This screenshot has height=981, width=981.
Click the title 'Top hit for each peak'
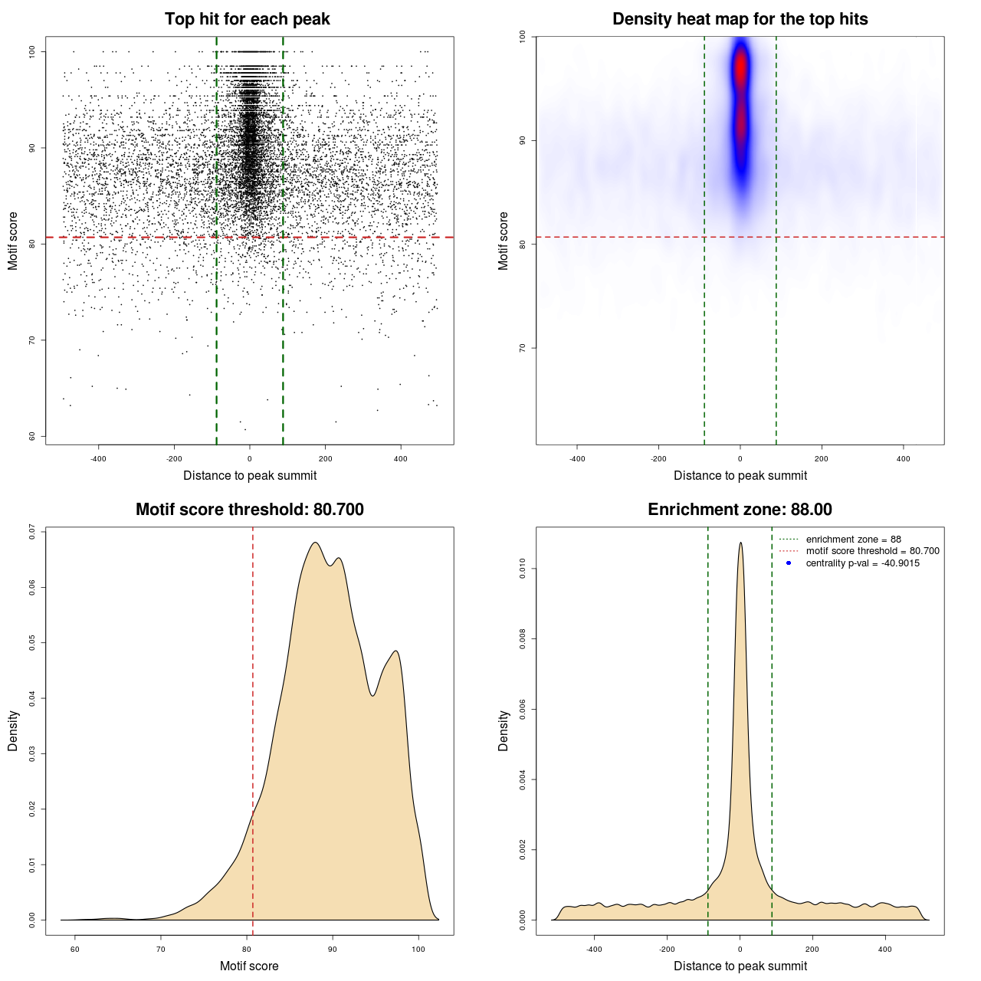click(247, 19)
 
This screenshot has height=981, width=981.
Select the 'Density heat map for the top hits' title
click(740, 19)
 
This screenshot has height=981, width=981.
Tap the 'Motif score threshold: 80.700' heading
click(249, 510)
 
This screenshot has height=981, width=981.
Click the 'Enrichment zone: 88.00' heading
click(740, 510)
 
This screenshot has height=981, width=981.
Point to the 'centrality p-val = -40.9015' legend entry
click(862, 563)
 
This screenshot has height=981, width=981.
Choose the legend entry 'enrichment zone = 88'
click(853, 540)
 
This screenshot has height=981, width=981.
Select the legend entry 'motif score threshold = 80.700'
click(872, 551)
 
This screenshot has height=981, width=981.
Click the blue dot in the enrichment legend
click(789, 563)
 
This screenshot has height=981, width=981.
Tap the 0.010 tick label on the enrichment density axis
click(523, 569)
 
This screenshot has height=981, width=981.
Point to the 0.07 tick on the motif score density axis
click(32, 532)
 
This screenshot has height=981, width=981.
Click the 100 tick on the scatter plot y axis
click(32, 51)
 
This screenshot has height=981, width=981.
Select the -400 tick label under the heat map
click(577, 459)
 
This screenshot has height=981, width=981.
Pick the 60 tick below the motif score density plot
click(75, 950)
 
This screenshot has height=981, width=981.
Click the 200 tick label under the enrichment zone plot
click(812, 950)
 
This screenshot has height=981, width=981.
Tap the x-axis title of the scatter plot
click(250, 476)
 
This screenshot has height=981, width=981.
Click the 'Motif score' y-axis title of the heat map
click(504, 241)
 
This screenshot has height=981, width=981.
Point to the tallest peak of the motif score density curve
click(315, 543)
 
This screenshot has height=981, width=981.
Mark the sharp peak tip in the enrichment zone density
click(740, 543)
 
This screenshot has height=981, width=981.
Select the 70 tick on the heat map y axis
click(523, 348)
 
